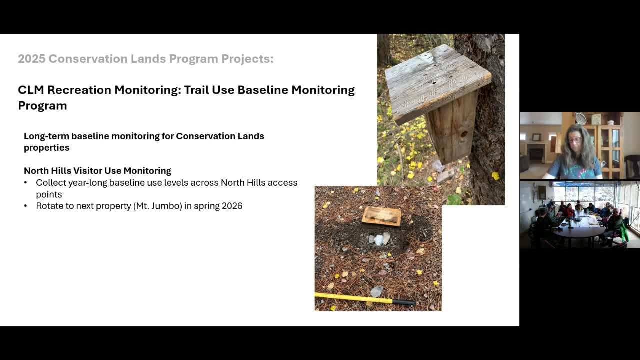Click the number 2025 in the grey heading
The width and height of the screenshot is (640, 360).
coord(31,59)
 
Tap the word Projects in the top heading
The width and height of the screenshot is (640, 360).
coord(247,59)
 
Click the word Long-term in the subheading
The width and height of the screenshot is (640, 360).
coord(46,136)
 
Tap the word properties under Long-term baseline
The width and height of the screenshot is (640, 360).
coord(46,148)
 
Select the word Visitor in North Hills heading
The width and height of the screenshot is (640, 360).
coord(87,171)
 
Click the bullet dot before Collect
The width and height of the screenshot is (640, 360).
coord(26,183)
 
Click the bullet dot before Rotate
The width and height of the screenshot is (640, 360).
coord(26,206)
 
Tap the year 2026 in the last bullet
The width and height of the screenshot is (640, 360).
coord(232,206)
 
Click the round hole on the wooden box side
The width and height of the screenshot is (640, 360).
coord(464,134)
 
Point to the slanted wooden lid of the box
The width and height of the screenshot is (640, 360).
coord(438,85)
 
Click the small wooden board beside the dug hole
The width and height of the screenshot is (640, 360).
coord(381,216)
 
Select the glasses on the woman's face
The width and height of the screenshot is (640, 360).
coord(575,140)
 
